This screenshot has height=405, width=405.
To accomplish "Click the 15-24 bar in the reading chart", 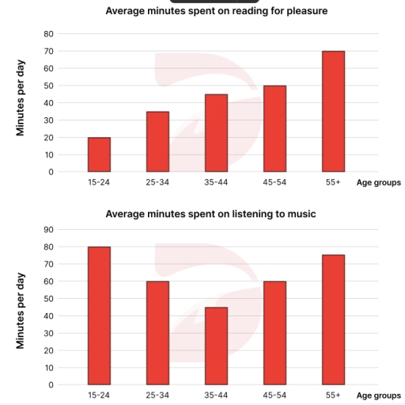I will [99, 155].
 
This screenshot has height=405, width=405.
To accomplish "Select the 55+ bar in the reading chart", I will [334, 112].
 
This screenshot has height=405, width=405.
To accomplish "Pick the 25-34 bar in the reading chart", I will [157, 142].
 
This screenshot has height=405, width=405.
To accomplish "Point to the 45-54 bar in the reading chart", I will [274, 128].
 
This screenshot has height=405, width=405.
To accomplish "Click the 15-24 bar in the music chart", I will [99, 315].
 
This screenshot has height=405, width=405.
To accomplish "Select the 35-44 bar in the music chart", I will [216, 346].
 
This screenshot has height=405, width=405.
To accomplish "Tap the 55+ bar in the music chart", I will [334, 320].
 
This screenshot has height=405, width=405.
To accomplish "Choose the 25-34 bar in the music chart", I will [157, 333].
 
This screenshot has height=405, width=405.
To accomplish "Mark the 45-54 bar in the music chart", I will [274, 333].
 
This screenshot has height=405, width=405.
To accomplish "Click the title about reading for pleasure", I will [216, 11].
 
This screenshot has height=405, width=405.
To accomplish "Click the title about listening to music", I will [216, 214].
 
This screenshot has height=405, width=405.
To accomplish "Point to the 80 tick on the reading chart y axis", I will [49, 34].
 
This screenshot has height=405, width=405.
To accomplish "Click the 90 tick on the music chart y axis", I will [49, 230].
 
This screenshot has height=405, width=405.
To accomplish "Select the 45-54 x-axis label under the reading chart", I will [274, 182].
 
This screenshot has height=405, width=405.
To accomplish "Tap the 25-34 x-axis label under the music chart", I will [157, 395].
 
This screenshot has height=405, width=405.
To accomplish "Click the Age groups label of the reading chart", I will [378, 182].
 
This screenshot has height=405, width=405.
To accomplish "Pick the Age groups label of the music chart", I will [378, 395].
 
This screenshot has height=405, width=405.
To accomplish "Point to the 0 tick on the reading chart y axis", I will [51, 172].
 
